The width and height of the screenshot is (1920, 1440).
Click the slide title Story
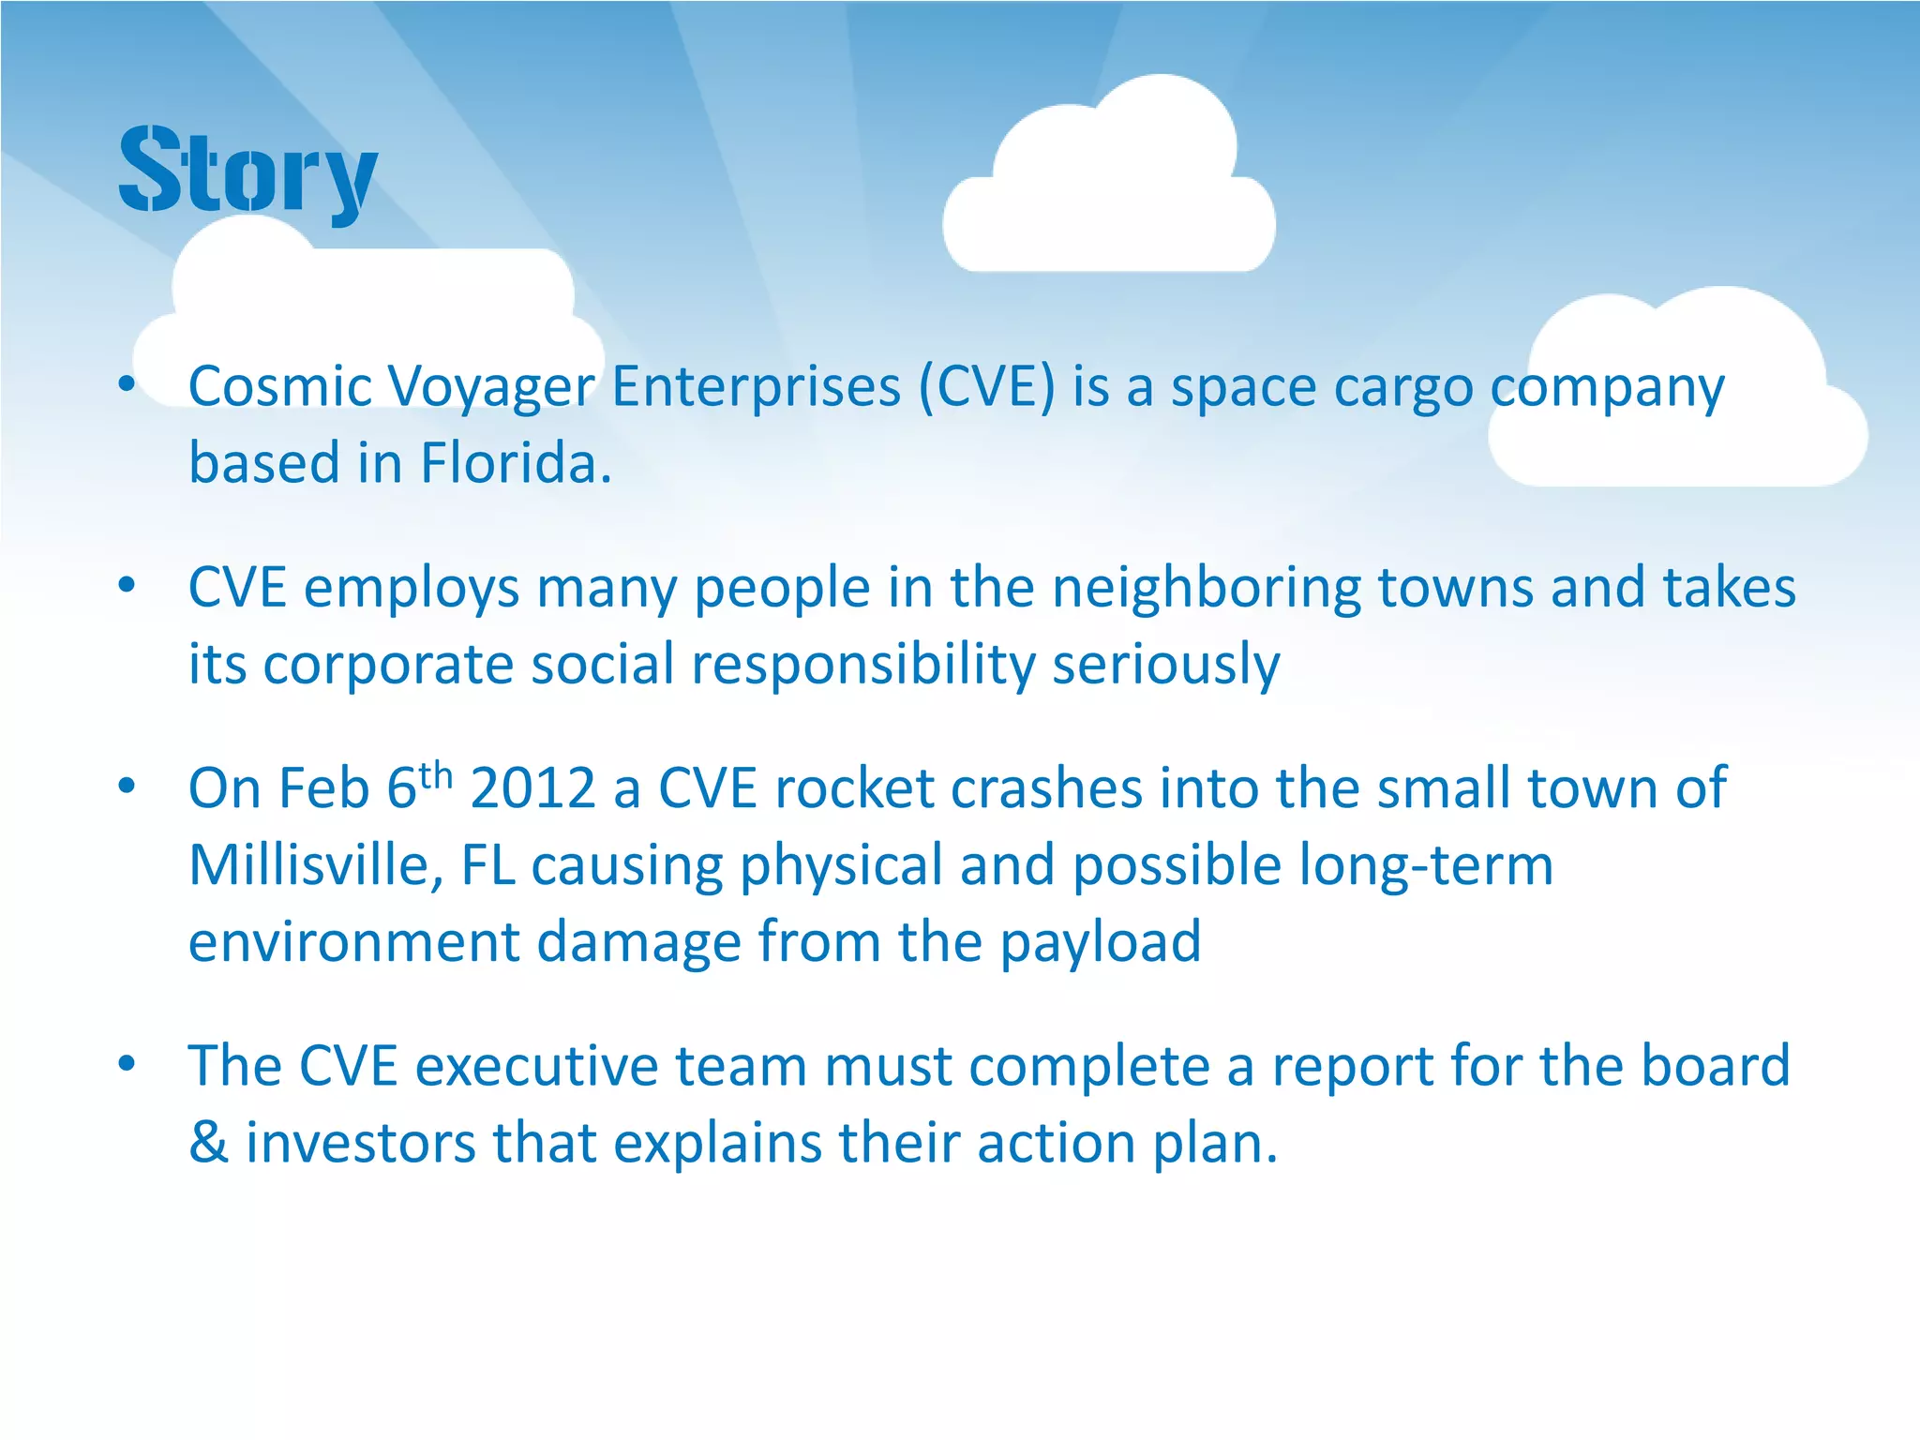pyautogui.click(x=248, y=171)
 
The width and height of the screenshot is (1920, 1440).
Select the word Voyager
pyautogui.click(x=490, y=388)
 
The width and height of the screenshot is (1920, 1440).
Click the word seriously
pyautogui.click(x=1165, y=666)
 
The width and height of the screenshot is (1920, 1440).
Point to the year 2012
pyautogui.click(x=532, y=787)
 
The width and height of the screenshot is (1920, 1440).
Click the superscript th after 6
pyautogui.click(x=436, y=775)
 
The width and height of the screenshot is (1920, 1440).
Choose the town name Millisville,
pyautogui.click(x=316, y=864)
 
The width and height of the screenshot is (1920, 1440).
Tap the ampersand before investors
pyautogui.click(x=208, y=1143)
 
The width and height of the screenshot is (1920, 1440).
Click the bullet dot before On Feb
pyautogui.click(x=127, y=787)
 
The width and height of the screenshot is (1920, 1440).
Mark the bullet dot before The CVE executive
pyautogui.click(x=127, y=1064)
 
